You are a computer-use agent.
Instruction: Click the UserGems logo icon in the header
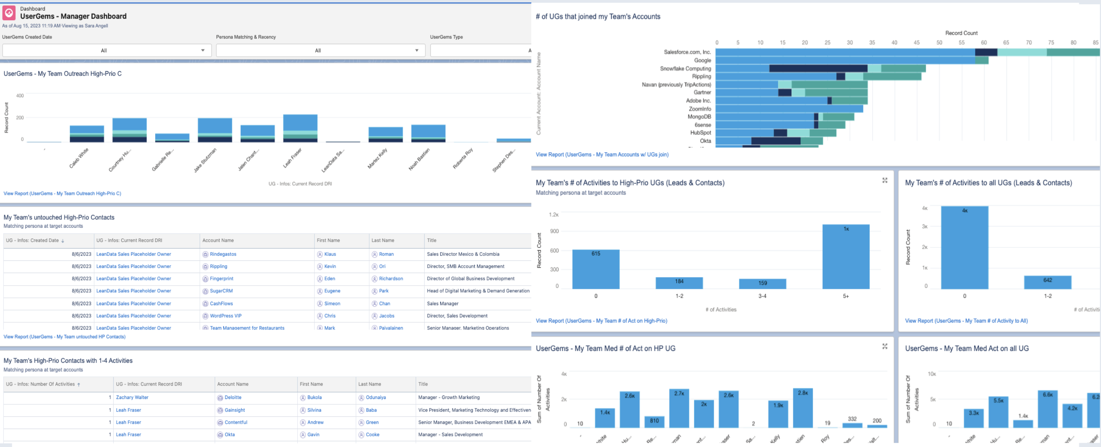tap(9, 13)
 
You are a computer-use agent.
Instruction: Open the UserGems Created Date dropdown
tap(107, 50)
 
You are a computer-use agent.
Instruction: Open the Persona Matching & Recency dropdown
tap(320, 50)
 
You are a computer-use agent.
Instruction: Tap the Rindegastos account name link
tap(223, 254)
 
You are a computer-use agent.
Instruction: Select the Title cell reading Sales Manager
tap(443, 304)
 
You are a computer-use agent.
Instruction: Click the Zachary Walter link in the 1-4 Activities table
tap(132, 397)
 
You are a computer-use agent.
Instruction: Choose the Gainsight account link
tap(235, 410)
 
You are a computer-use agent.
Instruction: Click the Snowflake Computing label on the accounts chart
tap(685, 68)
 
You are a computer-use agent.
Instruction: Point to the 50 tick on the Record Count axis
tap(939, 43)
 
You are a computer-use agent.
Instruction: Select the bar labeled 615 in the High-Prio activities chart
tap(596, 269)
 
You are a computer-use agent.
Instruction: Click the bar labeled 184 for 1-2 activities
tap(679, 283)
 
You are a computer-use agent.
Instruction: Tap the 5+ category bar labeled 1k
tap(845, 256)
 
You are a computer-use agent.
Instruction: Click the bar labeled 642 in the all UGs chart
tap(1047, 283)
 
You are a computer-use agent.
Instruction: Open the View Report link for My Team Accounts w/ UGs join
tap(602, 155)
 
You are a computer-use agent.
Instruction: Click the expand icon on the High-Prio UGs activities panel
tap(885, 180)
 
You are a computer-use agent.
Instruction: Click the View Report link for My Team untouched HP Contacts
tap(64, 337)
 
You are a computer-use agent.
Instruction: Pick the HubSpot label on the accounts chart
tap(700, 133)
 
